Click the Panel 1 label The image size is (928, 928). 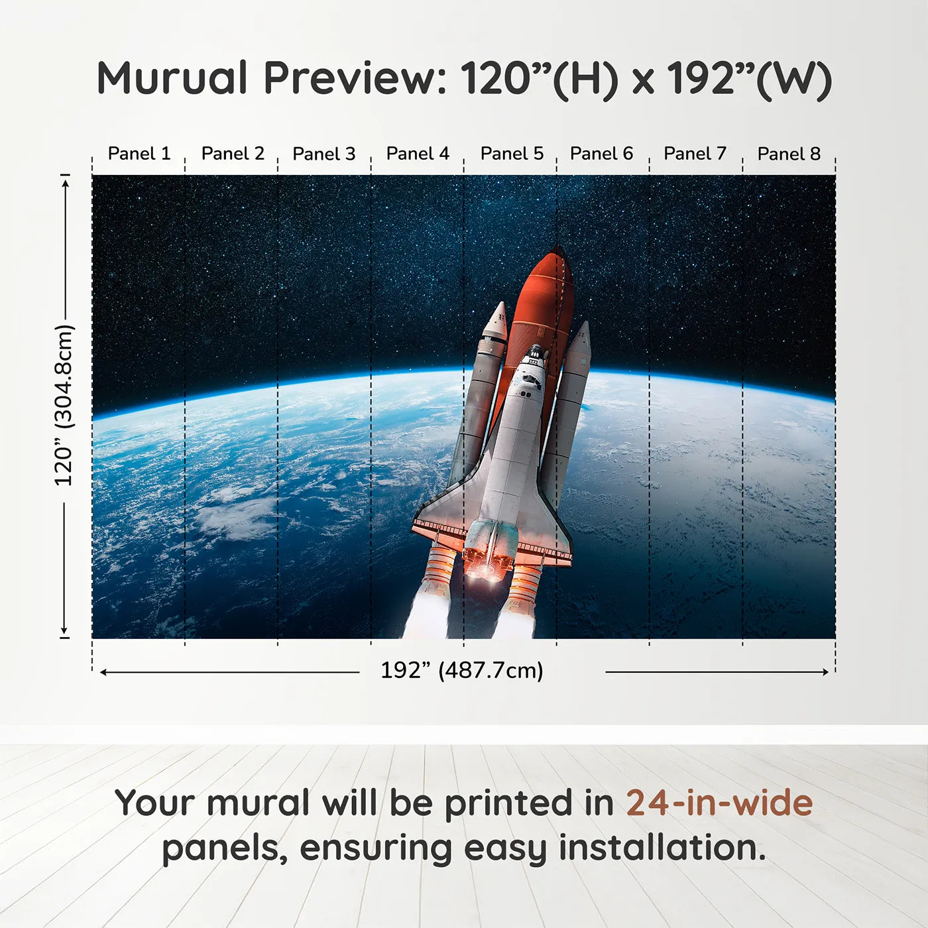pos(139,154)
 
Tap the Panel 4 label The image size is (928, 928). pos(418,154)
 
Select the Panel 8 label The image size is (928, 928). pos(789,154)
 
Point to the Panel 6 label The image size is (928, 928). pos(601,154)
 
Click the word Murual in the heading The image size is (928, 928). pos(172,78)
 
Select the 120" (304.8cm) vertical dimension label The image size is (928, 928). pos(64,406)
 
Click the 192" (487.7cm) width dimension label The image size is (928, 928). pos(461,671)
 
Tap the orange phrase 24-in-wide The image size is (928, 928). pos(719,803)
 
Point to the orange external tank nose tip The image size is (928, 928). pos(557,251)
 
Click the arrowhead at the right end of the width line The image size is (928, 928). pos(825,672)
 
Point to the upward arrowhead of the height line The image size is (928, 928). pos(65,183)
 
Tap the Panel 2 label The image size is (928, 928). pos(233,154)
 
